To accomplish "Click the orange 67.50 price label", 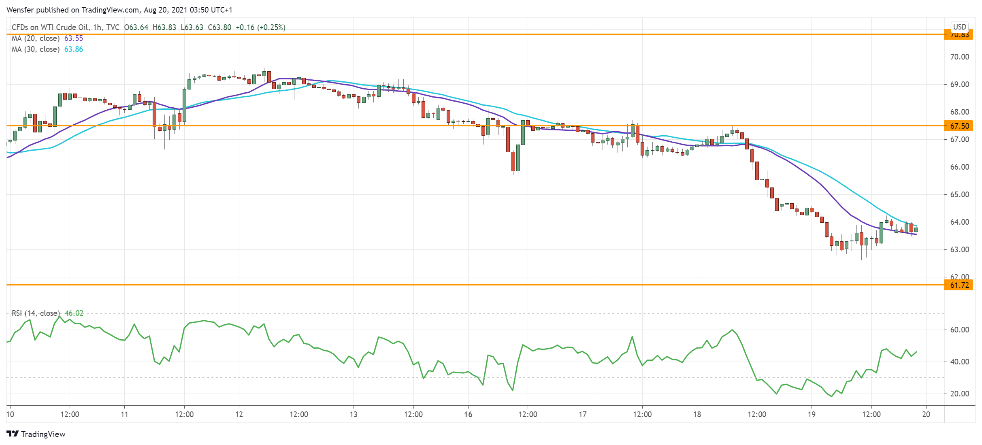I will tap(959, 126).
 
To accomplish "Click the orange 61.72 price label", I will tap(959, 285).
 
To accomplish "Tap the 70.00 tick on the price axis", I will tap(959, 57).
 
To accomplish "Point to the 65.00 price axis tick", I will tap(959, 194).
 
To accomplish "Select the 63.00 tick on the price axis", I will tap(959, 249).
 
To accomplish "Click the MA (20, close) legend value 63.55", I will tap(73, 38).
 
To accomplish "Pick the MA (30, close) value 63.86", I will tap(73, 49).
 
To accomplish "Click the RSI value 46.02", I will tap(74, 313).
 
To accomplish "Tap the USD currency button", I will tap(959, 27).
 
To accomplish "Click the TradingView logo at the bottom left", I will tap(36, 434).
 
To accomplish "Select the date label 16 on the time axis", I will tap(468, 414).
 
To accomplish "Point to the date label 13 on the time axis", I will tap(354, 414).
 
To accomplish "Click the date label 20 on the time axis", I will tap(926, 414).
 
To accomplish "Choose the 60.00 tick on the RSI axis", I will tap(959, 330).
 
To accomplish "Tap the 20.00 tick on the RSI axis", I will tap(959, 394).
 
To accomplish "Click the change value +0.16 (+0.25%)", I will tap(260, 28).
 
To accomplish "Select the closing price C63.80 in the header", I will tap(219, 28).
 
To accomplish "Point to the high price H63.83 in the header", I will tap(164, 28).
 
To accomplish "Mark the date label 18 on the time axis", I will tap(697, 414).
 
